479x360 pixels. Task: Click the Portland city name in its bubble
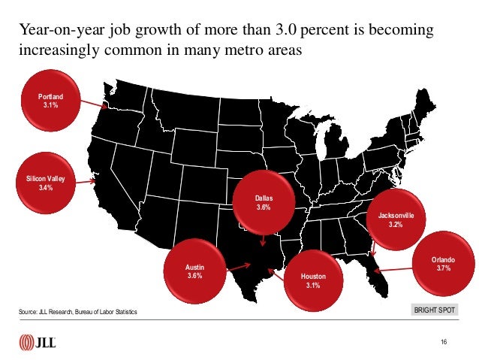tap(51, 97)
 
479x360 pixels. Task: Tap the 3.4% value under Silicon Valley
tap(46, 187)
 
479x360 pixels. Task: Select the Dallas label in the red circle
tap(264, 198)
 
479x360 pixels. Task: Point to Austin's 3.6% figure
tap(195, 276)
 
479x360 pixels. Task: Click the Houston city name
tap(313, 276)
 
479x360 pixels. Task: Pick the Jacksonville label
tap(396, 216)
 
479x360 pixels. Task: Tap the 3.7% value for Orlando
tap(443, 268)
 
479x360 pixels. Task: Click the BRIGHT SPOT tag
tap(435, 310)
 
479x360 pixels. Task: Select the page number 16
tap(444, 342)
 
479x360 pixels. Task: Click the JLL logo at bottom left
tap(38, 342)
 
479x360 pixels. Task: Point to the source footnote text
tap(77, 312)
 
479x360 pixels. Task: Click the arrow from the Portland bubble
tap(94, 104)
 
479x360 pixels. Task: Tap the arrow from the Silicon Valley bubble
tap(86, 182)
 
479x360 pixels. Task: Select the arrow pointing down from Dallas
tap(263, 241)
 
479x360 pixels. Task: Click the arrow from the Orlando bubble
tap(393, 270)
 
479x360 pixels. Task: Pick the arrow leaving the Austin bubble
tap(239, 267)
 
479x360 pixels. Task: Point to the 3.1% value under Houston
tap(313, 286)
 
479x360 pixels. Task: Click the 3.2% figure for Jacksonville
tap(396, 225)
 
